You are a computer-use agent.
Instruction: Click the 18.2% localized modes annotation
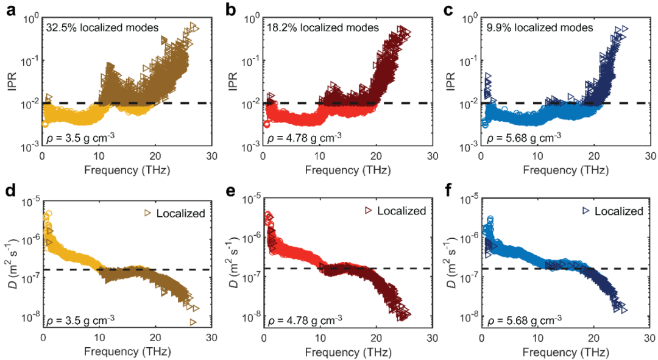point(322,27)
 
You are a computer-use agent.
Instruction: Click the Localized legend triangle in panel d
point(147,213)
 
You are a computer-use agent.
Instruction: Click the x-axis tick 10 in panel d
point(99,339)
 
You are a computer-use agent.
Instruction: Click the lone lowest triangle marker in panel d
point(193,322)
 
